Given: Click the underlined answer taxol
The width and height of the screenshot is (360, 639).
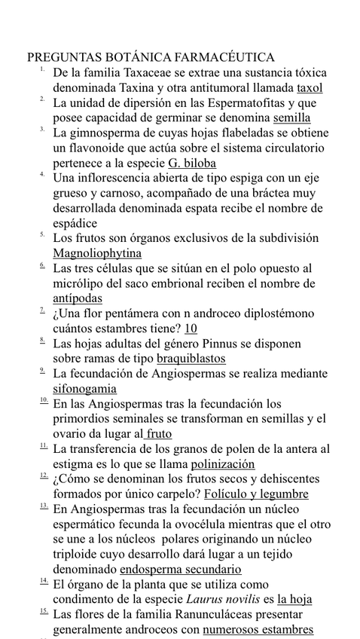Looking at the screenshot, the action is click(x=310, y=87).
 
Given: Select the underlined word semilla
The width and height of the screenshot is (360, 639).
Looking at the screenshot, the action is click(x=291, y=118).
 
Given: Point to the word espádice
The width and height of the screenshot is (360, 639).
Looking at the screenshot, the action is click(x=75, y=223).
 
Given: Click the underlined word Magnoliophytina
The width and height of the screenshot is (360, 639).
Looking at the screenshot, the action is click(x=97, y=253).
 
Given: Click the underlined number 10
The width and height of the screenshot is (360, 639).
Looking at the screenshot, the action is click(x=191, y=329).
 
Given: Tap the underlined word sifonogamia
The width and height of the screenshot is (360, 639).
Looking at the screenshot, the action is click(x=84, y=389).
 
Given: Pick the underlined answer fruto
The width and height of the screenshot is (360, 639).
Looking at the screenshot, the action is click(x=159, y=434).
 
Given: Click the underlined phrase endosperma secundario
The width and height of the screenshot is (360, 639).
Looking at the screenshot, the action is click(x=191, y=570).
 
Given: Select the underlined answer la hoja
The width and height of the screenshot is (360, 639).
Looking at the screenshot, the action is click(x=294, y=600).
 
